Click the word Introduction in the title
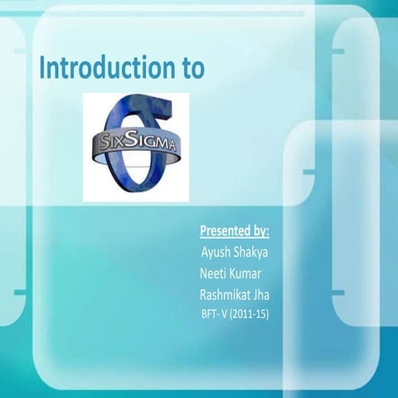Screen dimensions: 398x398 pyautogui.click(x=103, y=69)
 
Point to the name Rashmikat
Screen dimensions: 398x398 pyautogui.click(x=231, y=294)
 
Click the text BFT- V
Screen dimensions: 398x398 pyautogui.click(x=216, y=314)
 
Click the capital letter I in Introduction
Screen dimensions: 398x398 pyautogui.click(x=43, y=68)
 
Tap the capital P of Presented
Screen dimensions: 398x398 pyautogui.click(x=204, y=230)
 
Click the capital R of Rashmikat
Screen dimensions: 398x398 pyautogui.click(x=203, y=294)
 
